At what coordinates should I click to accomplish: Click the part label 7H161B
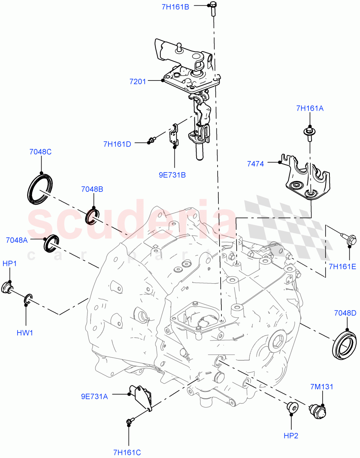[176, 6]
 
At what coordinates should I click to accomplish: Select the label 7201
[137, 81]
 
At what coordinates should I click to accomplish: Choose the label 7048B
[92, 189]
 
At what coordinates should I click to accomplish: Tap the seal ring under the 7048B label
[94, 216]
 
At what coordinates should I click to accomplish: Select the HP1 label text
[10, 264]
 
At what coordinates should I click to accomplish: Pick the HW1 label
[25, 333]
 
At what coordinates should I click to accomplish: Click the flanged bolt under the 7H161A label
[309, 132]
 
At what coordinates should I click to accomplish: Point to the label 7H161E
[342, 267]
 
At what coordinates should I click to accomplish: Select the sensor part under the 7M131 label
[318, 411]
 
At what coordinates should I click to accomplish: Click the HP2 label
[291, 435]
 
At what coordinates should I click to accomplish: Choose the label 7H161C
[127, 453]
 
